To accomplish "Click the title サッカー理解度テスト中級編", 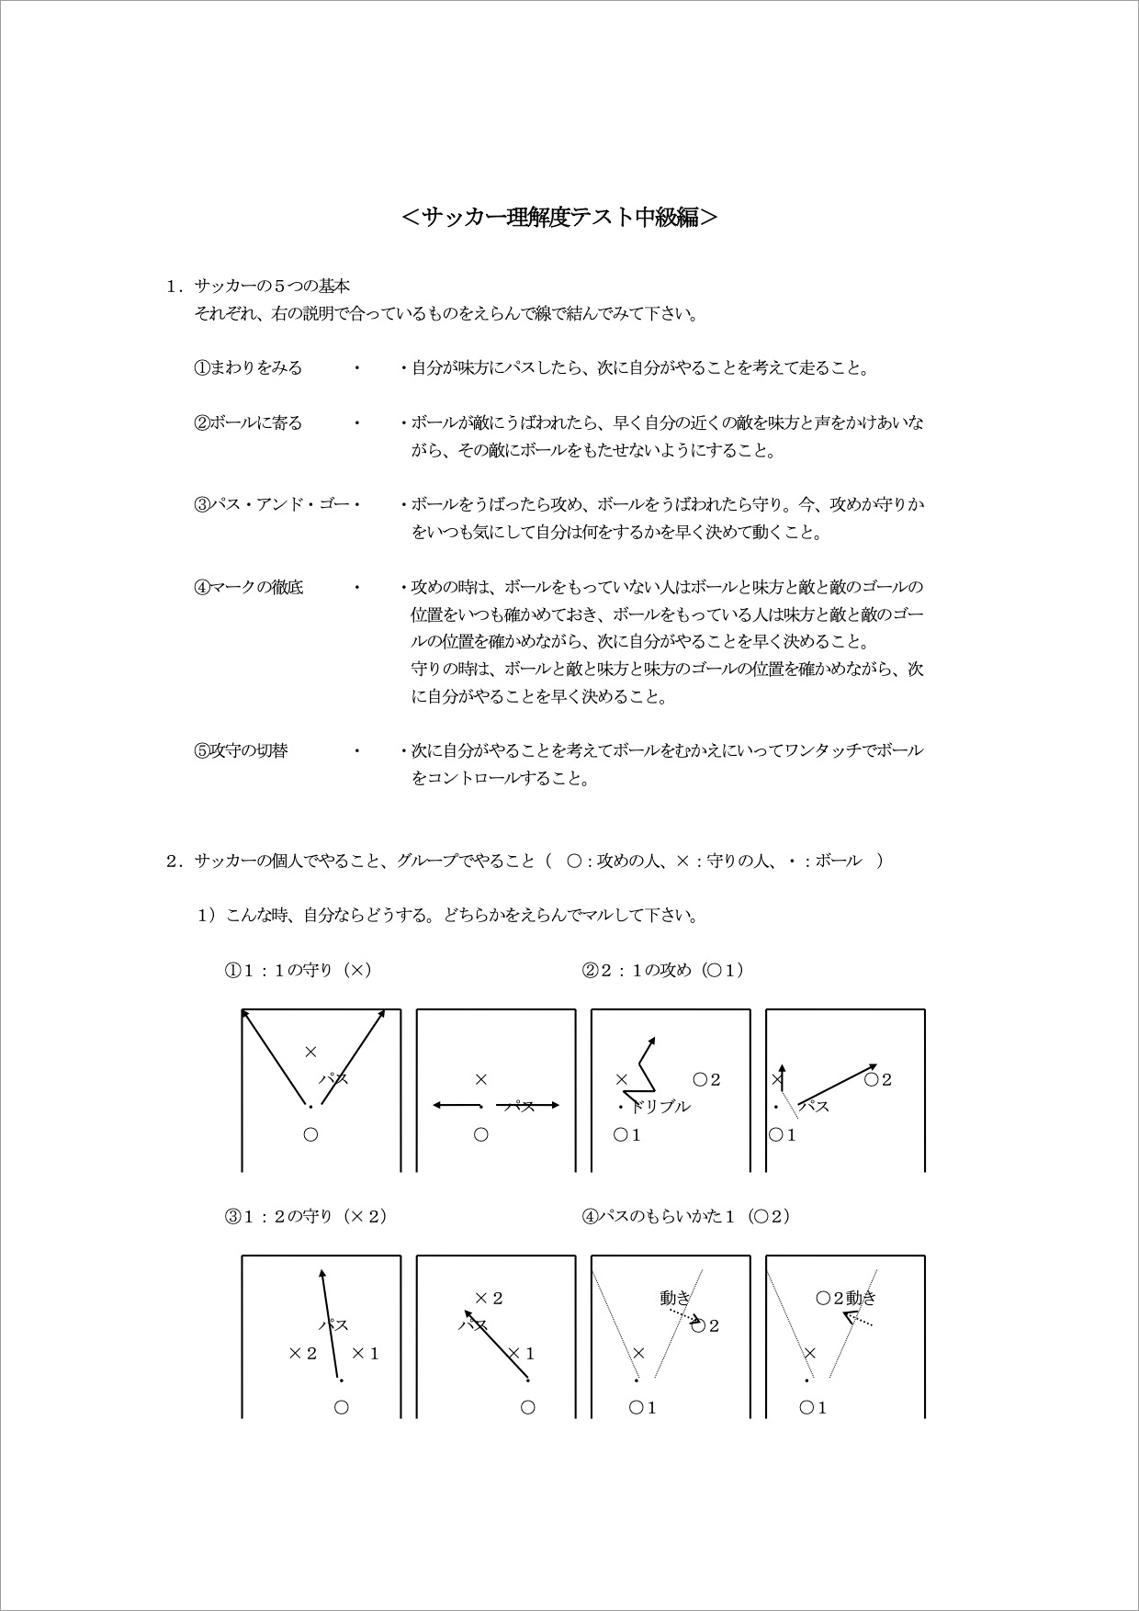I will click(x=560, y=217).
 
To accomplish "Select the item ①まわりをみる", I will click(x=248, y=368).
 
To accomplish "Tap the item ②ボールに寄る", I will click(x=248, y=423).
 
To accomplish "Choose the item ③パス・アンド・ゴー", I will click(x=272, y=505).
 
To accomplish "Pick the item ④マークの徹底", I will click(x=249, y=587).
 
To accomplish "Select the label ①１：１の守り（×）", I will click(x=299, y=970).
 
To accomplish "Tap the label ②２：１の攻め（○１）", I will click(x=662, y=970).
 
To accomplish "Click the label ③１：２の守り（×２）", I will click(x=306, y=1216).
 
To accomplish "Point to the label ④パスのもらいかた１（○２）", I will click(x=686, y=1216).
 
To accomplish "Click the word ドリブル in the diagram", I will click(x=660, y=1107).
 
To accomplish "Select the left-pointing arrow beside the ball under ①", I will click(x=456, y=1105).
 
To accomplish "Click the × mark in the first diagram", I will click(x=310, y=1052).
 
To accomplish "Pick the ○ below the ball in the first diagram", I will click(x=310, y=1134).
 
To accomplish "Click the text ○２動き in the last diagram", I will click(x=846, y=1298).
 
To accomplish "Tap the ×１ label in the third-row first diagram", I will click(x=366, y=1353).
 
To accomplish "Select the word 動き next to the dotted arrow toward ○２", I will click(x=675, y=1298).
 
